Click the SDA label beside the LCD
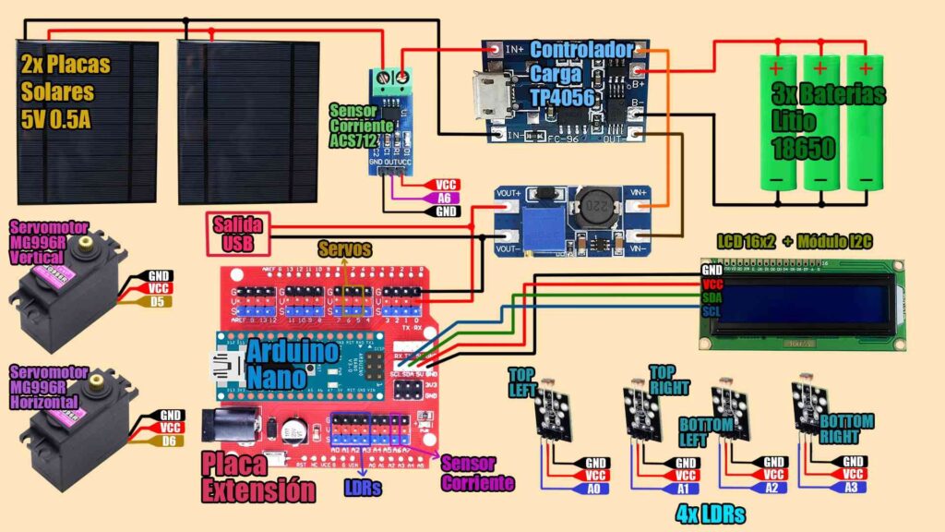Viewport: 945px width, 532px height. click(x=712, y=298)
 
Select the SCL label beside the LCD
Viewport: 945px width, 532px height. click(x=712, y=312)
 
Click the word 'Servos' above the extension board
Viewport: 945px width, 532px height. click(x=344, y=249)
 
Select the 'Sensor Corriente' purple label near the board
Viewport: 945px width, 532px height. click(x=477, y=473)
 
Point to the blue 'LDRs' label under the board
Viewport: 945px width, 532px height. click(x=364, y=487)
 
